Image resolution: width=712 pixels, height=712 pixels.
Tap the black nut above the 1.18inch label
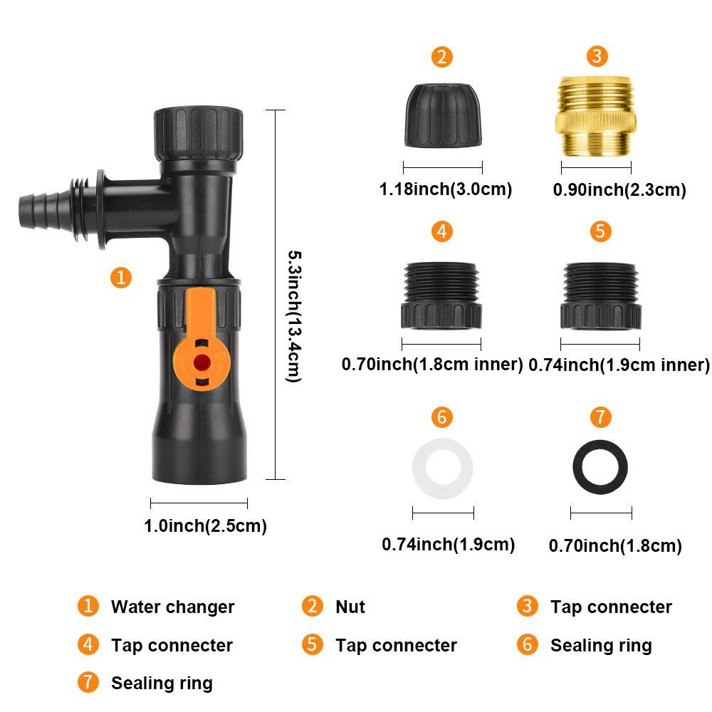tap(442, 115)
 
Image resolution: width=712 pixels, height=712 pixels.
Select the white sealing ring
tap(442, 470)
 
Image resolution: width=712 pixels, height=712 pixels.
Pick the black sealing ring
tap(600, 469)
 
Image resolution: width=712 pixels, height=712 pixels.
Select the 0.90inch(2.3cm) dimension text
tap(619, 189)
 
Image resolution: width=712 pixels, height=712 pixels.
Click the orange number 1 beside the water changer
tap(122, 277)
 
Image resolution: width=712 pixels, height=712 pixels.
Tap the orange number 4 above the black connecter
tap(441, 231)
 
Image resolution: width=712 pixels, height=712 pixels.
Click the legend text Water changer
tap(172, 607)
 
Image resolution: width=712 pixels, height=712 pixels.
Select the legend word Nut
tap(350, 607)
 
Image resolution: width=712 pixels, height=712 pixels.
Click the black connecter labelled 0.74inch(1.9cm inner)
tap(600, 295)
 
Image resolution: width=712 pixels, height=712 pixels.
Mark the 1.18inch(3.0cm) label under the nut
tap(445, 189)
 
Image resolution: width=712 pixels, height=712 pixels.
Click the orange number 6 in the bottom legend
tap(528, 645)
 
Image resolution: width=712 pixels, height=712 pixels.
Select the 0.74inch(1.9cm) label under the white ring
tap(448, 545)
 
